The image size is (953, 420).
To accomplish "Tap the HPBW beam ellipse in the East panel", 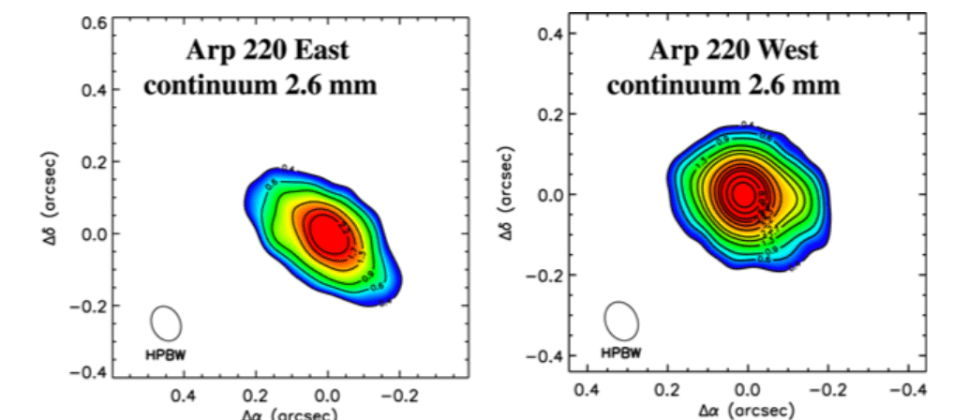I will (x=166, y=322).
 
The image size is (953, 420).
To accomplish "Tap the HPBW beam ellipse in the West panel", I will (x=621, y=319).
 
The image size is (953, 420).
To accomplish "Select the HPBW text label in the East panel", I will (x=164, y=355).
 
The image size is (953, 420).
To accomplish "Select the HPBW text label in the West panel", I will (x=621, y=353).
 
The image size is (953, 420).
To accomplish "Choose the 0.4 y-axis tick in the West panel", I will (x=549, y=34).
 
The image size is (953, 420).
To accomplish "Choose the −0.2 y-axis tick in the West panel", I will (x=544, y=276).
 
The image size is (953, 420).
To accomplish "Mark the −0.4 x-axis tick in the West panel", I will (x=907, y=387).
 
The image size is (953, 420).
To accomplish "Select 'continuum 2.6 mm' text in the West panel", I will (x=722, y=85).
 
